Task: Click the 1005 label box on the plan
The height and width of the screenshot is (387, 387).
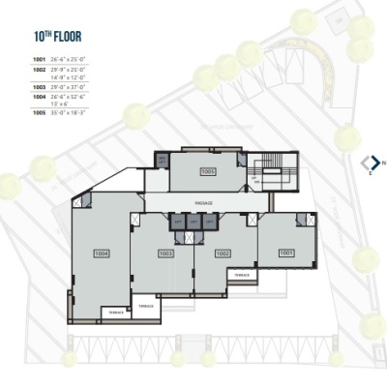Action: pos(208,171)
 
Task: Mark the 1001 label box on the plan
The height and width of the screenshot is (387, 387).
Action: pos(285,252)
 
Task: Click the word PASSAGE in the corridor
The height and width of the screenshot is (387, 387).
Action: pos(203,204)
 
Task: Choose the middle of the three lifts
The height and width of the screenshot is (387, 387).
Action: pos(193,223)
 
